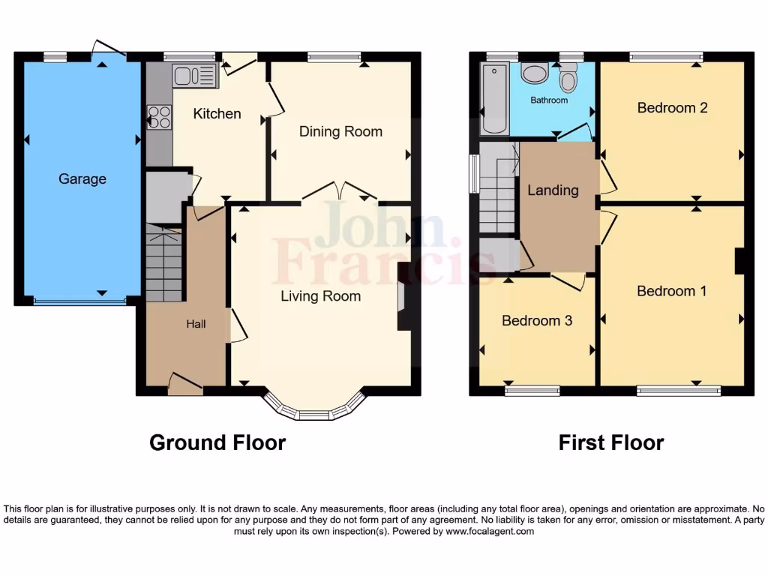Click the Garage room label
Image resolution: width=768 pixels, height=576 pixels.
pyautogui.click(x=82, y=179)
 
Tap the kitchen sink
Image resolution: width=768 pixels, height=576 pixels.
pyautogui.click(x=194, y=76)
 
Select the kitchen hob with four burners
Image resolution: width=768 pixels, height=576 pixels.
pyautogui.click(x=159, y=116)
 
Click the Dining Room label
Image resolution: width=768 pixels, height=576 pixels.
pyautogui.click(x=340, y=131)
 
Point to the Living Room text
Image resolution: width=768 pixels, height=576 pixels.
pyautogui.click(x=320, y=296)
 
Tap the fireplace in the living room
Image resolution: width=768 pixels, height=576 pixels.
pyautogui.click(x=403, y=296)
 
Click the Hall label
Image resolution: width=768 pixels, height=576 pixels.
pyautogui.click(x=196, y=324)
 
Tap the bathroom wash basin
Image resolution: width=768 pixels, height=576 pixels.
pyautogui.click(x=535, y=75)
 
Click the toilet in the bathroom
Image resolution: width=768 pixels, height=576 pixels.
pyautogui.click(x=568, y=78)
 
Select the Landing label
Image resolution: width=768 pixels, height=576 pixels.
pyautogui.click(x=553, y=190)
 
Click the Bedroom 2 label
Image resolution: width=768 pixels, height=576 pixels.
pyautogui.click(x=672, y=108)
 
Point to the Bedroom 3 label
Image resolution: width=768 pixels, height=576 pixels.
pyautogui.click(x=537, y=321)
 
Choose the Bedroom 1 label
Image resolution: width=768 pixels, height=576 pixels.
pyautogui.click(x=671, y=291)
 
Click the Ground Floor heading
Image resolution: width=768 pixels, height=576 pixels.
pyautogui.click(x=217, y=442)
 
